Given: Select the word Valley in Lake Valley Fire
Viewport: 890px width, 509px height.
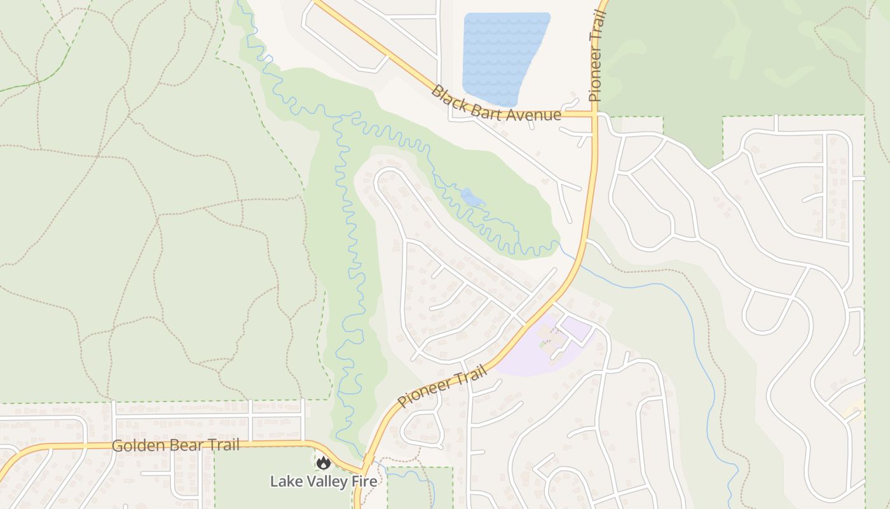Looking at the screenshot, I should coord(326,481).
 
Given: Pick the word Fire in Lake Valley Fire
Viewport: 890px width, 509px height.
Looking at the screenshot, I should coord(364,481).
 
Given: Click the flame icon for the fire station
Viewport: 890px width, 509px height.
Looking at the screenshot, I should coord(324,463).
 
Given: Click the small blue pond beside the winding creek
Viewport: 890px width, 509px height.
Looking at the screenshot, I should coord(472,198).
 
